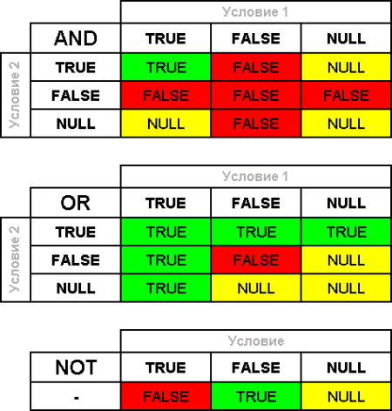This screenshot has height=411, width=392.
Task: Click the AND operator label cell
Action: [76, 38]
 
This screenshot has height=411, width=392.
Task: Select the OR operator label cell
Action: [76, 203]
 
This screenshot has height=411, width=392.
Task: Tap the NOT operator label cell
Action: [76, 367]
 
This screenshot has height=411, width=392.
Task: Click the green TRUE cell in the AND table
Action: [166, 67]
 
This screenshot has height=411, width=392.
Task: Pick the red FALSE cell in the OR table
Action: [256, 259]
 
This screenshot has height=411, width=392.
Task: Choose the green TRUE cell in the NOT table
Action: [256, 396]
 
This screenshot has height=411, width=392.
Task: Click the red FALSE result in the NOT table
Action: [166, 396]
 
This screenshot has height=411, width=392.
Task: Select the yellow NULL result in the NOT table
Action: [346, 396]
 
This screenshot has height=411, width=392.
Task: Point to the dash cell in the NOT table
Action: [76, 396]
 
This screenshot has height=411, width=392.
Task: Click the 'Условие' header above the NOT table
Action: [256, 340]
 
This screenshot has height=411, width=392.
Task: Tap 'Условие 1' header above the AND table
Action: [256, 12]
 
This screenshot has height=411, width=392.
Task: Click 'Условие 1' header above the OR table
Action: [256, 177]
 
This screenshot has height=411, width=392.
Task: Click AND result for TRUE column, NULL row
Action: [166, 124]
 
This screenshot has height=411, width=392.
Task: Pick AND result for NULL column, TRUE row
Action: [346, 67]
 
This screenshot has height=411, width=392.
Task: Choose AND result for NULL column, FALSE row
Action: [346, 95]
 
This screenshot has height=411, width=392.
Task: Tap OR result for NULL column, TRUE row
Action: [346, 232]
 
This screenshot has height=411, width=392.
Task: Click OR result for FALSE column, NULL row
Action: [256, 288]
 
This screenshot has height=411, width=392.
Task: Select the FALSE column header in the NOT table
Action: [256, 367]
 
